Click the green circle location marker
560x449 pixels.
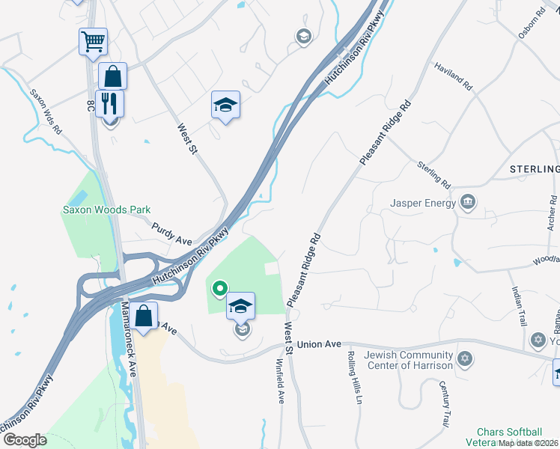219,287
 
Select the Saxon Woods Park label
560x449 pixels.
106,210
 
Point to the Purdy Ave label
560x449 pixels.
172,233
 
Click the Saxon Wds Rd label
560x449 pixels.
46,112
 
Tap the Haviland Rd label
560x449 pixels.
453,76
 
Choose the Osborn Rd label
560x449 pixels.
532,23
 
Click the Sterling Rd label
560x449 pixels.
434,174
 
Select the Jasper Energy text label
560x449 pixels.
423,203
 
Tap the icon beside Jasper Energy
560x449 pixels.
469,202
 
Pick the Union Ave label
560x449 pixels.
319,344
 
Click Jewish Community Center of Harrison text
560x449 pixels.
408,360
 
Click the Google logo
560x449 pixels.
24,439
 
